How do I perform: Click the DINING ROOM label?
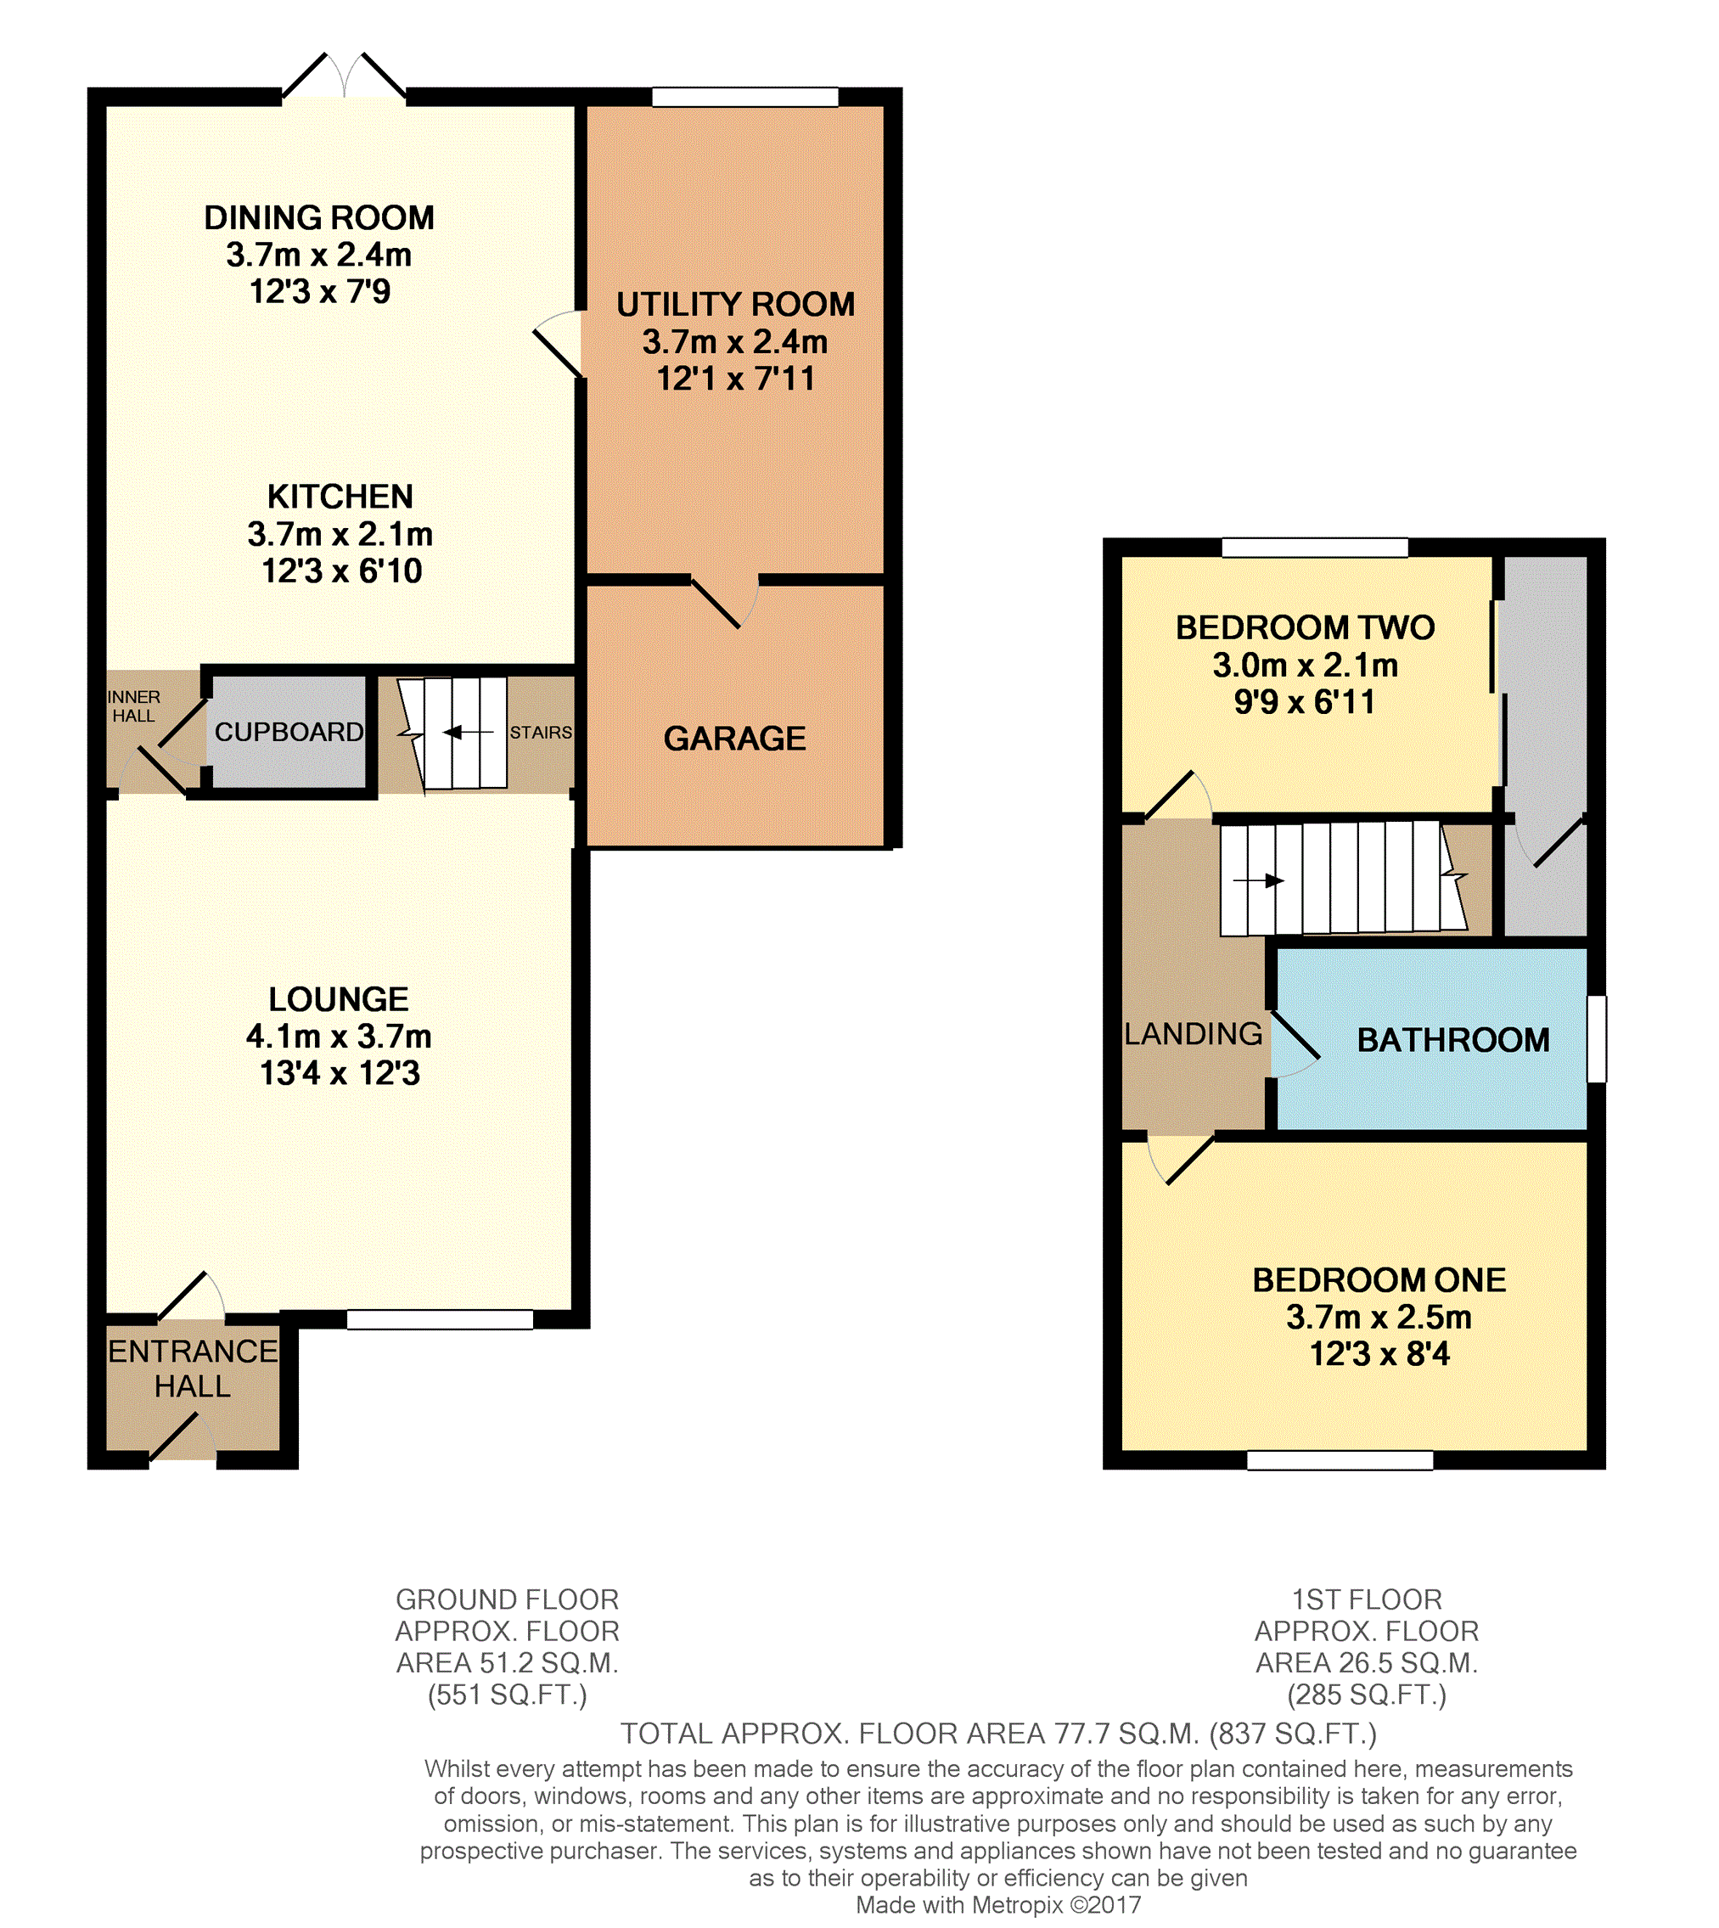(x=319, y=218)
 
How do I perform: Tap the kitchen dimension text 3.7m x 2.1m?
(x=340, y=535)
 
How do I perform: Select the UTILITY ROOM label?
(x=736, y=304)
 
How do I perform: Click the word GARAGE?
(x=735, y=738)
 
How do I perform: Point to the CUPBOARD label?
(x=289, y=731)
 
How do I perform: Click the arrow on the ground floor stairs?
(x=468, y=732)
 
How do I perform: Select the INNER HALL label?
(x=134, y=705)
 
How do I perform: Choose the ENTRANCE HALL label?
(x=193, y=1368)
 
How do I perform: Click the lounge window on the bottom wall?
(x=440, y=1319)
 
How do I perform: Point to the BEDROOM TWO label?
(x=1306, y=627)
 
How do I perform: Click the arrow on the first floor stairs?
(x=1258, y=881)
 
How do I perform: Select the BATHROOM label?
(x=1453, y=1040)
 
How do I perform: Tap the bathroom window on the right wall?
(x=1596, y=1038)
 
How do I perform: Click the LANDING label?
(x=1193, y=1033)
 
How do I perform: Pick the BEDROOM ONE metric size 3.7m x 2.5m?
(x=1379, y=1317)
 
